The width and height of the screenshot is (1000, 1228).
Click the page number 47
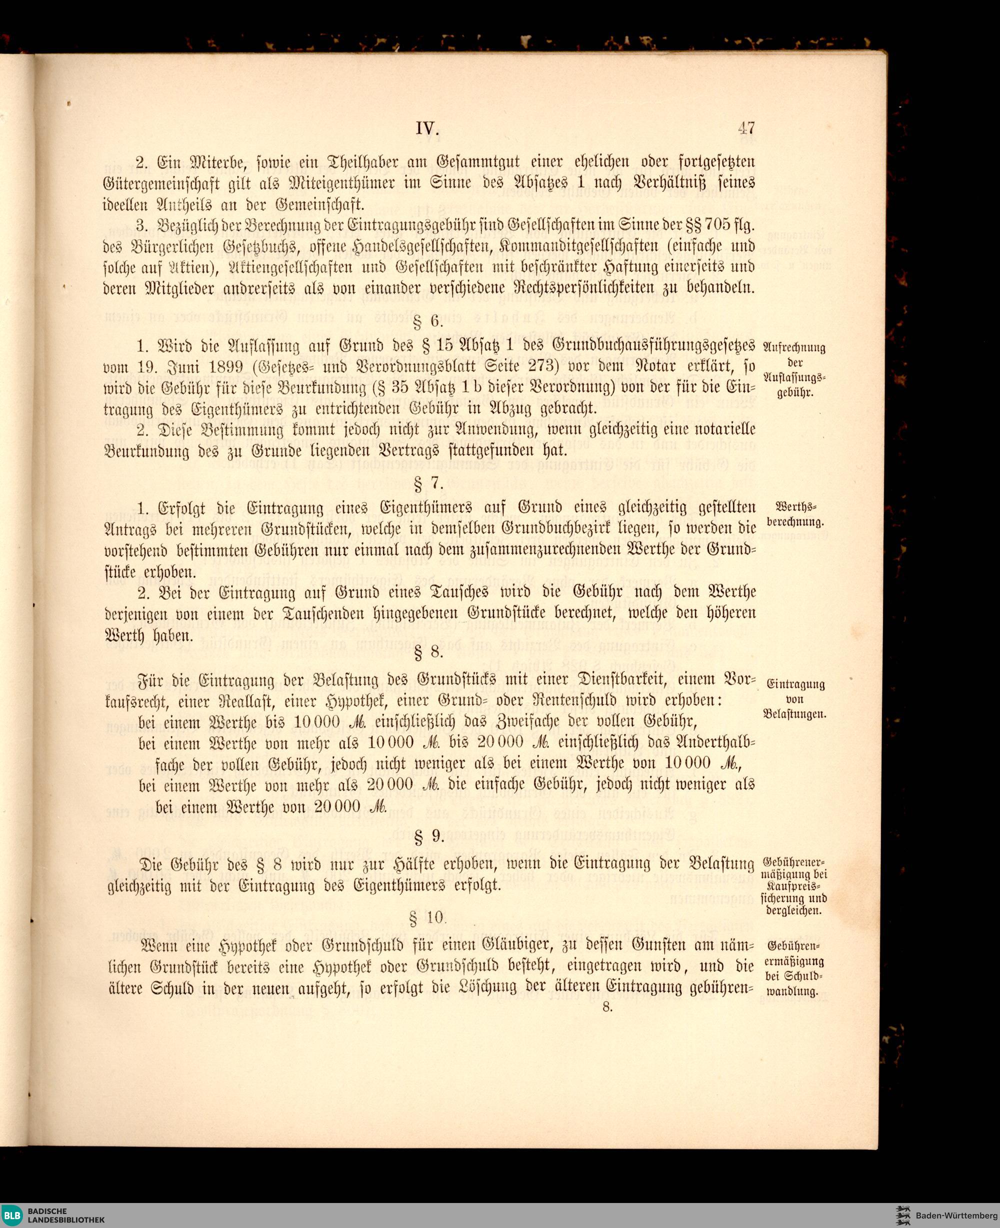[x=746, y=127]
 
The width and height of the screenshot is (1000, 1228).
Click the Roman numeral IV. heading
[x=427, y=128]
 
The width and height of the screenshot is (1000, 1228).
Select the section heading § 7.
[x=428, y=482]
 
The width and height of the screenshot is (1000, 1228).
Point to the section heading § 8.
[x=428, y=652]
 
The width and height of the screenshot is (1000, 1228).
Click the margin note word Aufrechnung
[x=794, y=347]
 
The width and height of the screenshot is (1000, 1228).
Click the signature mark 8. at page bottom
[x=607, y=1007]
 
